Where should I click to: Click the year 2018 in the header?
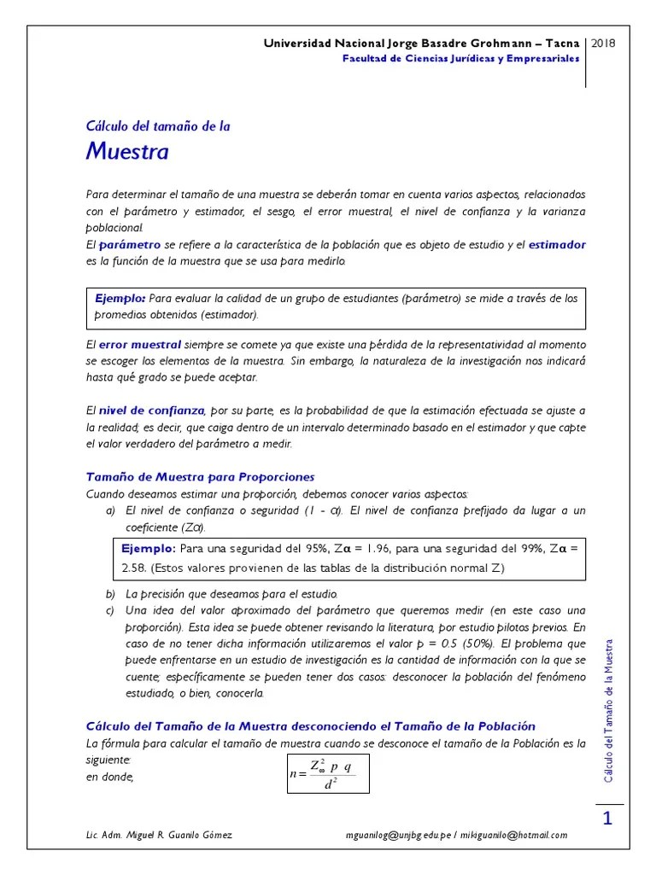tap(604, 43)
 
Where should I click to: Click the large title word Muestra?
tap(127, 152)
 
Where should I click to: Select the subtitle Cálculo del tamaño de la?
tap(158, 125)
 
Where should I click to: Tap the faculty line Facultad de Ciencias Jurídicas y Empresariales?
tap(460, 59)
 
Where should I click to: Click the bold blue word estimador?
tap(557, 244)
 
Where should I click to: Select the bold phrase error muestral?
tap(139, 345)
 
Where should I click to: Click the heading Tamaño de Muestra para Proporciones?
tap(201, 476)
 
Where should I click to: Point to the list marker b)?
tap(109, 593)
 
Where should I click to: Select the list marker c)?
tap(109, 610)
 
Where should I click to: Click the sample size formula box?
tap(328, 767)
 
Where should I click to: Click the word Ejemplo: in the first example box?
tap(120, 298)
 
